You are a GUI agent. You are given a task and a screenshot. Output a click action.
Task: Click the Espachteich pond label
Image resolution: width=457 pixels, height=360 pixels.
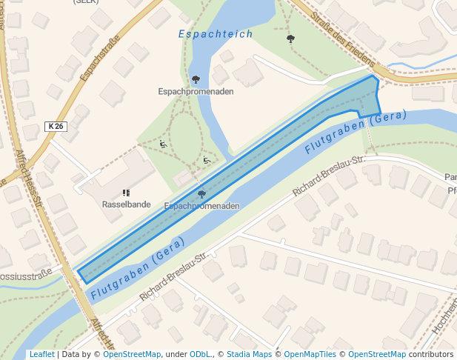[216, 34]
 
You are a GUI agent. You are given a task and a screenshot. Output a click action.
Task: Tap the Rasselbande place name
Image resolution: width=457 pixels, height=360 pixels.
[126, 204]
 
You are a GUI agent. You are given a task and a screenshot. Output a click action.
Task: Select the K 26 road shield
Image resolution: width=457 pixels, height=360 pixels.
[56, 127]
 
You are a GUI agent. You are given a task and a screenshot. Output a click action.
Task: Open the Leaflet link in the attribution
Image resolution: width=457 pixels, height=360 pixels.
[41, 355]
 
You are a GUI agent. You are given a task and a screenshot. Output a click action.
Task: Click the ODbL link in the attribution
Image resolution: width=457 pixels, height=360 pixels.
[199, 355]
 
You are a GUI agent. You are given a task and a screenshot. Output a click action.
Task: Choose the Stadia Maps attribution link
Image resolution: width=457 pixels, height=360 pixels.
[249, 355]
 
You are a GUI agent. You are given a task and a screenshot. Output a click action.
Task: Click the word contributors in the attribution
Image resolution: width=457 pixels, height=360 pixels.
[431, 355]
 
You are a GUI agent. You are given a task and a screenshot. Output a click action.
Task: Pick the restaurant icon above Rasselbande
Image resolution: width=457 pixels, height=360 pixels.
[126, 193]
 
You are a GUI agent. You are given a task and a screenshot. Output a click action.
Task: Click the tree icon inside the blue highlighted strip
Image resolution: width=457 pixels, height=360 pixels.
[201, 194]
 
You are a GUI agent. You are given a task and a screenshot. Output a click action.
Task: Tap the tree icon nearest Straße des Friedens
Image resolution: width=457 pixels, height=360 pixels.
[290, 38]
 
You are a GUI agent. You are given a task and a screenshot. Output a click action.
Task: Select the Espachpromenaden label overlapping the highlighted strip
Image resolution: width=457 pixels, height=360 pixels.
[201, 206]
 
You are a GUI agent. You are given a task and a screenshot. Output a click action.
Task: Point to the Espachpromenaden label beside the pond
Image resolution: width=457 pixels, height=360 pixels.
[196, 91]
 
